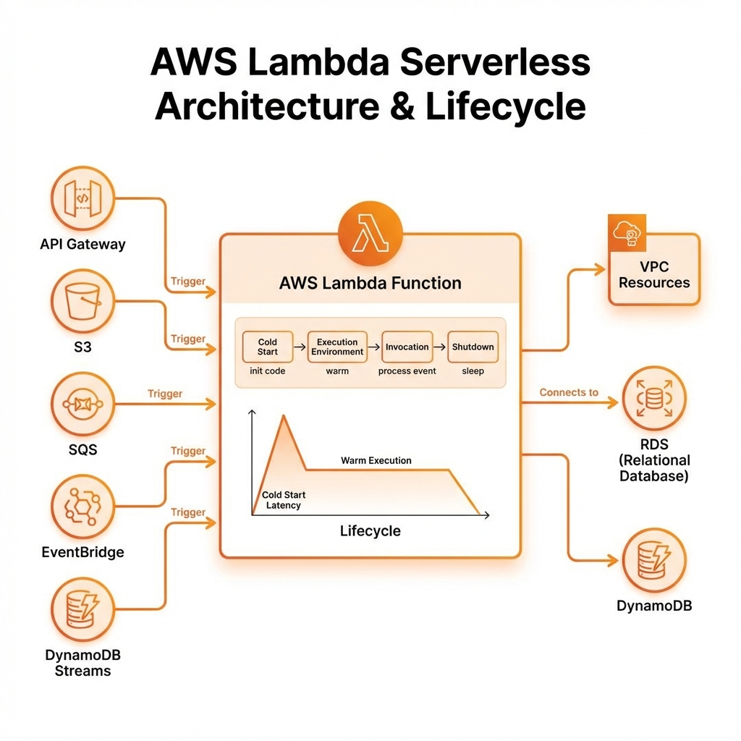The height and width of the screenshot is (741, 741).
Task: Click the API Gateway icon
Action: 82,198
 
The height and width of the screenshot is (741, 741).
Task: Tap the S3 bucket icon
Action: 82,302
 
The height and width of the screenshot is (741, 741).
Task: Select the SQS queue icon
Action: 82,404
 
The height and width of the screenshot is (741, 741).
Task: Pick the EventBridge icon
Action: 82,506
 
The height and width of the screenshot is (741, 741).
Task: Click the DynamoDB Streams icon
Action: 82,610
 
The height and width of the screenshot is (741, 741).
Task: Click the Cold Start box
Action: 267,347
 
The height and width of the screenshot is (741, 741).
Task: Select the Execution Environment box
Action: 337,347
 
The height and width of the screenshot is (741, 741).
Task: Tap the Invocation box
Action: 407,347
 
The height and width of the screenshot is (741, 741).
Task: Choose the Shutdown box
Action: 473,347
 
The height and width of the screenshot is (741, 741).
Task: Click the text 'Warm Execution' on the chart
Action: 376,460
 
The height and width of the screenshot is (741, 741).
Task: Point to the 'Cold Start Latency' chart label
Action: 283,500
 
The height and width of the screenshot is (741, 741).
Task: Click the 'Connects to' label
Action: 569,392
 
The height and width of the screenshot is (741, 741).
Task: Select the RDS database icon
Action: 653,397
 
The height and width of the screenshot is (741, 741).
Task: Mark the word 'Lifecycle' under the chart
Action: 370,531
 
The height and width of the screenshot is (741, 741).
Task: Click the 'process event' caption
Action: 407,371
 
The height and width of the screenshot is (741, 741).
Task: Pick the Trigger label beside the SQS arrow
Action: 165,394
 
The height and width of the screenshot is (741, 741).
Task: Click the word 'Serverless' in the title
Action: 495,63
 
